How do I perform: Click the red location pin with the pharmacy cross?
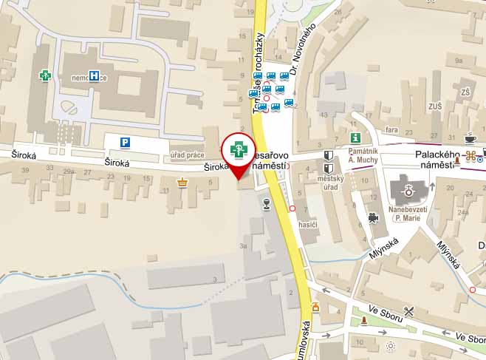(239, 151)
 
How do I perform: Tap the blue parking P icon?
(125, 142)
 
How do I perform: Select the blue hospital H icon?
(94, 75)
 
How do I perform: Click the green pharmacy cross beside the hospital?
(46, 75)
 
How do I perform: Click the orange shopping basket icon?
(181, 181)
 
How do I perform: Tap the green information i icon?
(355, 137)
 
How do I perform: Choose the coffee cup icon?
(470, 138)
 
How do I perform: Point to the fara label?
(391, 130)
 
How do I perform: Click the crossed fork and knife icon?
(408, 311)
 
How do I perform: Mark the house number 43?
(324, 115)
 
